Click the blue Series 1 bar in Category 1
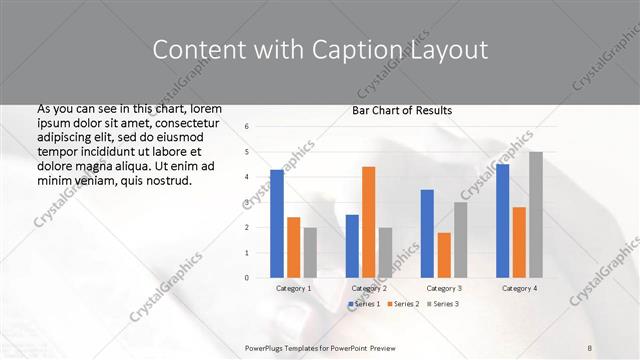pyautogui.click(x=277, y=223)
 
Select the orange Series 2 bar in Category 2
pyautogui.click(x=368, y=221)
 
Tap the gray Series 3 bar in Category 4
pyautogui.click(x=536, y=214)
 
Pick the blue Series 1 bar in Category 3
pyautogui.click(x=427, y=233)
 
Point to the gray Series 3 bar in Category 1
pyautogui.click(x=310, y=252)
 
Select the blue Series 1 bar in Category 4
pyautogui.click(x=502, y=220)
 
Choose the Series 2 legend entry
pyautogui.click(x=403, y=303)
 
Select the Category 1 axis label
pyautogui.click(x=293, y=288)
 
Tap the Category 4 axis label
pyautogui.click(x=519, y=288)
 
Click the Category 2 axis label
pyautogui.click(x=369, y=288)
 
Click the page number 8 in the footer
pyautogui.click(x=589, y=346)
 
